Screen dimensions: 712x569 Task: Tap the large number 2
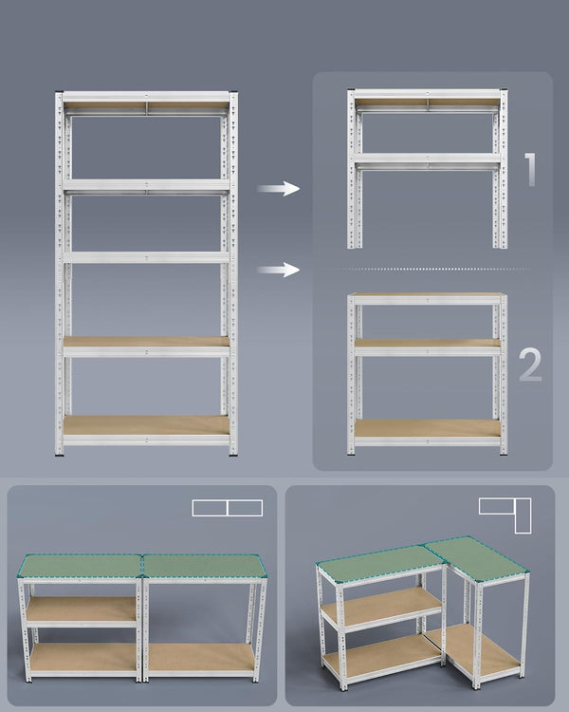531,365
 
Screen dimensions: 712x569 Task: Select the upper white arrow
277,189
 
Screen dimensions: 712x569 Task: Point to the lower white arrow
277,271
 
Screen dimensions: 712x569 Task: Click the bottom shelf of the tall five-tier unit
146,426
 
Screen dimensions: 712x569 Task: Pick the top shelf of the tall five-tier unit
146,98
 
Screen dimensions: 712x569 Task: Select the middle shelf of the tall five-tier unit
146,257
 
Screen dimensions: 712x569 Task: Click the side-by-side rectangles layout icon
227,508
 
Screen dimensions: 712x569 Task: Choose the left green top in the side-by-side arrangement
81,567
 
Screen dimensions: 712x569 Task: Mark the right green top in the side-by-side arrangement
204,567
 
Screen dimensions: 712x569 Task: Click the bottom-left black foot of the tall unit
59,454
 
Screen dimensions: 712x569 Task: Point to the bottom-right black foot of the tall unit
233,454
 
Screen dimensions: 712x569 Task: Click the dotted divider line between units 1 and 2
427,271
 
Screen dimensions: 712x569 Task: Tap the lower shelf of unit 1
427,159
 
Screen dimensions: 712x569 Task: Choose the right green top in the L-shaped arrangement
476,558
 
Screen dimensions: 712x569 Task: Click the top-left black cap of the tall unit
59,93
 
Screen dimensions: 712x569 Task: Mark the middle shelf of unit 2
427,345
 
